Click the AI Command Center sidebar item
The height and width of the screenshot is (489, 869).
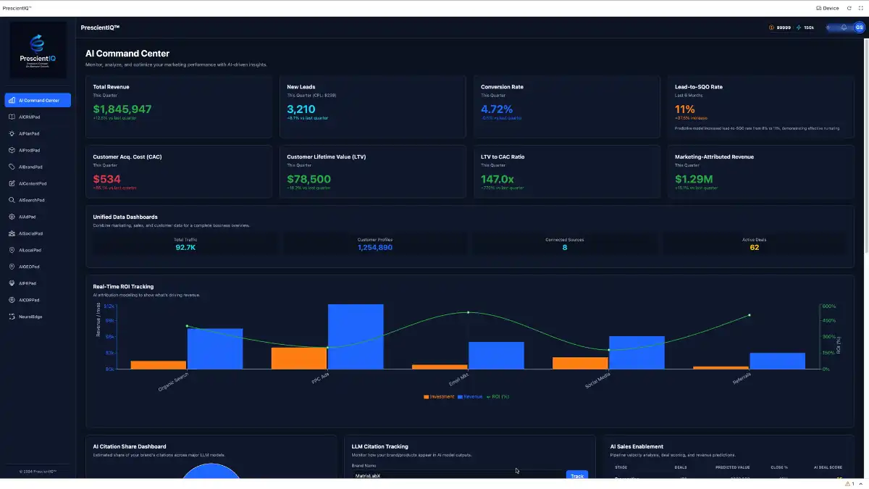[38, 100]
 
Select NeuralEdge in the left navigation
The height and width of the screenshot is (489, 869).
[30, 317]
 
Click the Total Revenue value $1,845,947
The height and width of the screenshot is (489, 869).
[122, 109]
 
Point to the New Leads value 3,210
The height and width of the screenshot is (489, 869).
[301, 109]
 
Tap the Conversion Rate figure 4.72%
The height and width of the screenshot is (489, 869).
[497, 109]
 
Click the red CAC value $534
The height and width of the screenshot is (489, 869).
[107, 179]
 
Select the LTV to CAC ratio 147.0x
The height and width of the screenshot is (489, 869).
[498, 179]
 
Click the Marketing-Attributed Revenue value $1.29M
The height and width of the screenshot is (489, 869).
[694, 179]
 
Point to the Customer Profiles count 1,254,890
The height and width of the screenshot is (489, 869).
[375, 248]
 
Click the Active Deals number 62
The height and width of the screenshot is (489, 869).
[754, 248]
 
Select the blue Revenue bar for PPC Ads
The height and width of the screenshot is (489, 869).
[356, 336]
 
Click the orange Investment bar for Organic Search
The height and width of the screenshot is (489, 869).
[159, 364]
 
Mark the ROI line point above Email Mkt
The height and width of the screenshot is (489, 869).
[469, 312]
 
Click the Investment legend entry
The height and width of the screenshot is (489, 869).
[440, 396]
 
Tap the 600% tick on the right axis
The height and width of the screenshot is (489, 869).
[829, 306]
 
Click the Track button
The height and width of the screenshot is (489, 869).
[576, 476]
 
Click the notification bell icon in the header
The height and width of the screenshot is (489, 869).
[844, 28]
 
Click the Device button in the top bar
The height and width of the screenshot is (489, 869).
[827, 8]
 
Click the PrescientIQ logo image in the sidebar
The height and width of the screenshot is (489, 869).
[38, 50]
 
